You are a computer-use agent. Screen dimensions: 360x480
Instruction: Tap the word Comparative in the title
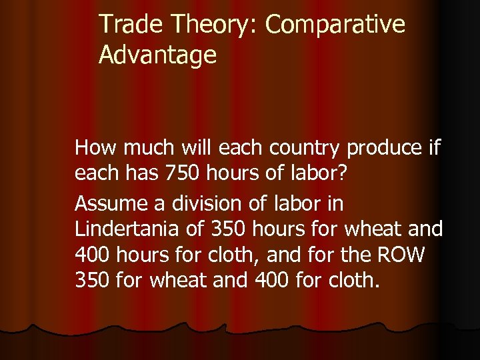point(335,25)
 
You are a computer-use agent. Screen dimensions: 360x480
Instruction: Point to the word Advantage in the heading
point(158,55)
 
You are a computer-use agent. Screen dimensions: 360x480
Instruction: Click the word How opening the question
point(94,147)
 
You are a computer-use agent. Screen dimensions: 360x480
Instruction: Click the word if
point(434,147)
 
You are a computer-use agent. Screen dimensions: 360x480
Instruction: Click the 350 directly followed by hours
point(229,229)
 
